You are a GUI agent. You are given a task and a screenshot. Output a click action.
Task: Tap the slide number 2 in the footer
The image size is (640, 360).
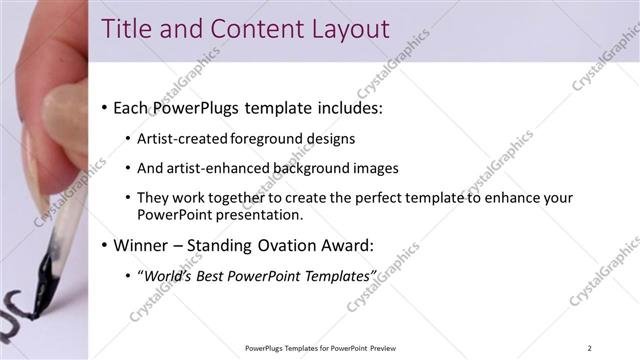click(590, 347)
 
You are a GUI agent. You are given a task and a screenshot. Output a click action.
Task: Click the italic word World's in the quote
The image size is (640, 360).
click(169, 275)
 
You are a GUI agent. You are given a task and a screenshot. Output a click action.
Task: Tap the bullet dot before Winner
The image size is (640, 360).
click(105, 245)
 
